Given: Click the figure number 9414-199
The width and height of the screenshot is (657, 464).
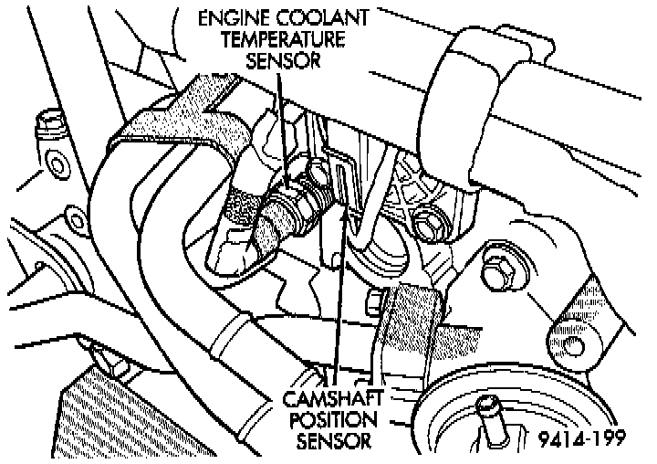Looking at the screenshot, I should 581,439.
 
